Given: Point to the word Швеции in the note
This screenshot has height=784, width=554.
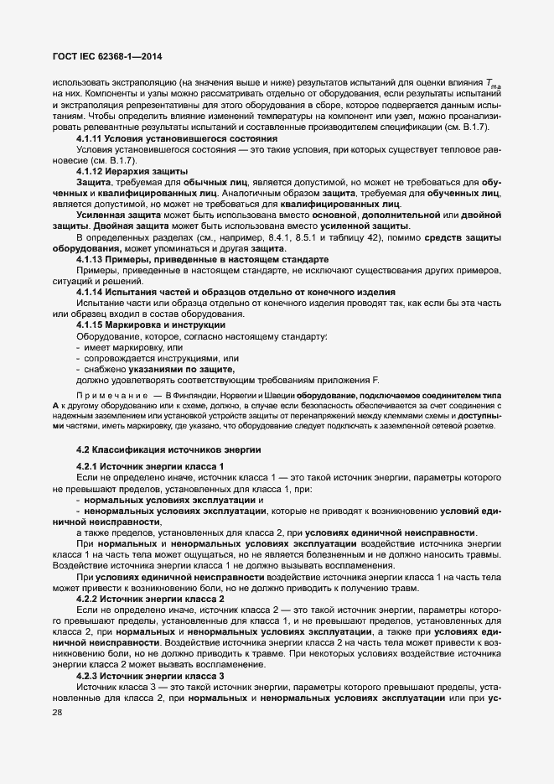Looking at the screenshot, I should click(x=291, y=394).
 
